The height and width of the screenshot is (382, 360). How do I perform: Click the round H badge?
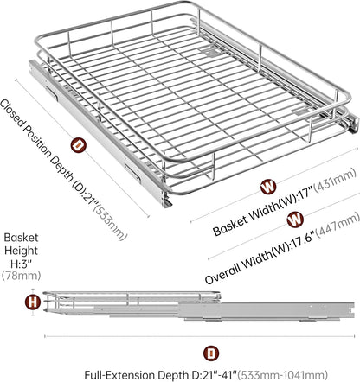point(33,302)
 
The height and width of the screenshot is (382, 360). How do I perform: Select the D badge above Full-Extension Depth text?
point(211,353)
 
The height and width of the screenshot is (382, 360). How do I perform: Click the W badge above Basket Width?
point(268,187)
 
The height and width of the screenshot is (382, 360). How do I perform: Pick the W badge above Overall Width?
point(295,220)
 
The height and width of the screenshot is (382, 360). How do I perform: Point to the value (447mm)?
point(338,226)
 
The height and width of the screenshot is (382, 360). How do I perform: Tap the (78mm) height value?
point(21,276)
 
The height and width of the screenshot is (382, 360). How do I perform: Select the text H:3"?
point(21,263)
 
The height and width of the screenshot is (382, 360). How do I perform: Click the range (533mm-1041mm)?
point(284,375)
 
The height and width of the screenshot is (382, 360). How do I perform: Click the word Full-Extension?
point(120,375)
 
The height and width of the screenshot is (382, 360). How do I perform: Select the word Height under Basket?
point(21,251)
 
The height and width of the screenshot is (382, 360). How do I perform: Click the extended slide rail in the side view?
point(267,310)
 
